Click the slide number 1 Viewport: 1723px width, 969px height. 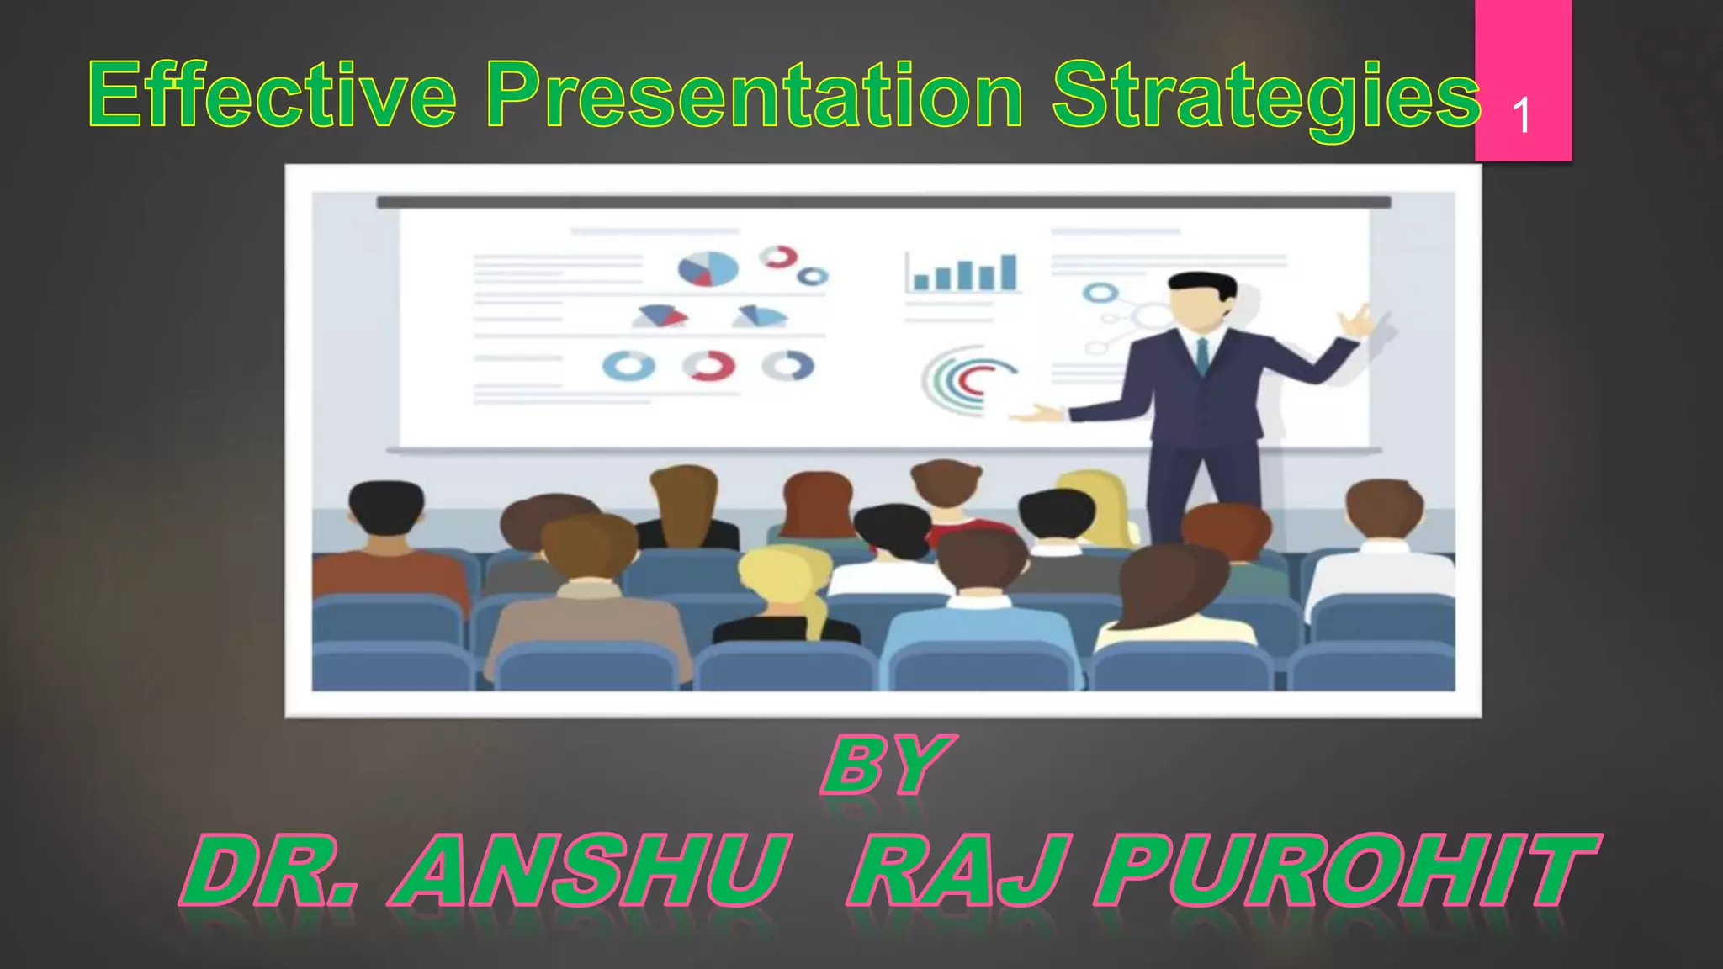click(x=1521, y=116)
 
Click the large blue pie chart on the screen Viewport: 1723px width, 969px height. click(x=708, y=269)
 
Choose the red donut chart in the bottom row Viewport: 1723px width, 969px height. click(x=708, y=366)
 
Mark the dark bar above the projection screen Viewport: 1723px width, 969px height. click(x=883, y=202)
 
